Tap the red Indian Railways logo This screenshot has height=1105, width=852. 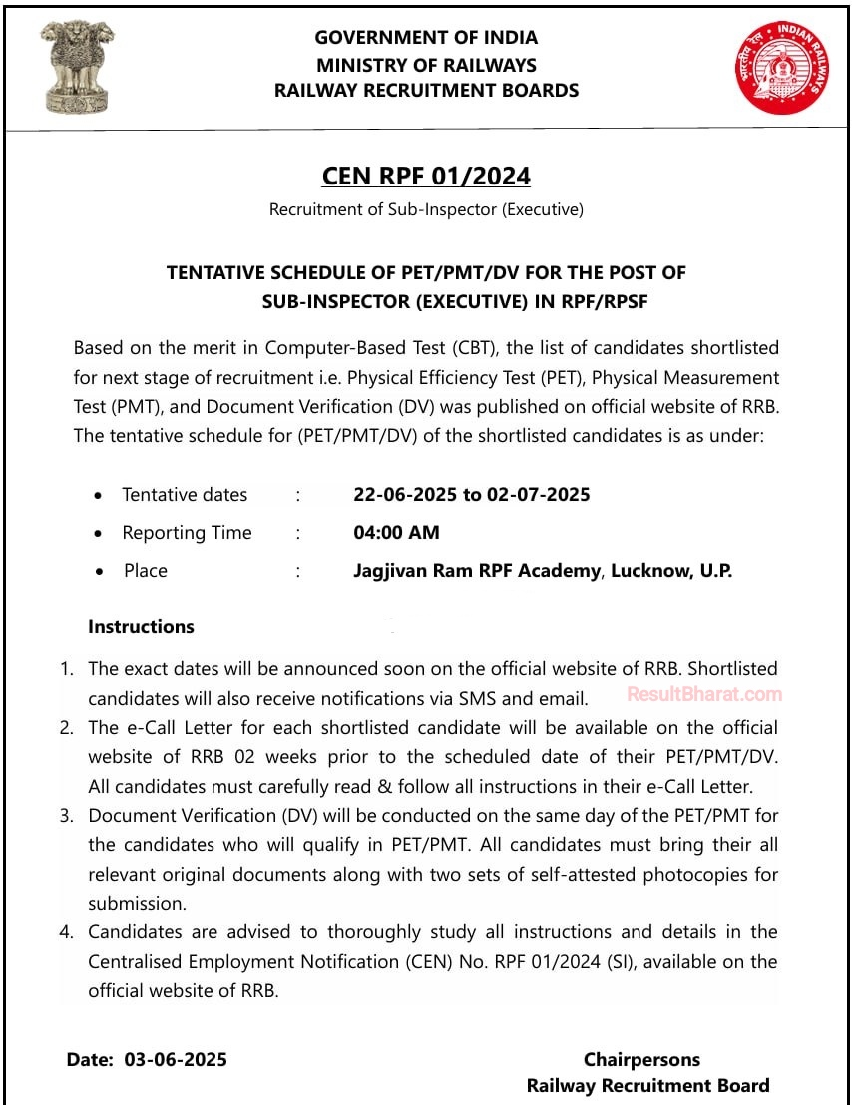tap(783, 67)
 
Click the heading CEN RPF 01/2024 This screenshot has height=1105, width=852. tap(426, 177)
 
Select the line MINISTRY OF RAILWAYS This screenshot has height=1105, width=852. tap(426, 65)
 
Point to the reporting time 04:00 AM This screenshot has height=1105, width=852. tap(396, 533)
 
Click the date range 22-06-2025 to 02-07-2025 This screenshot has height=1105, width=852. tap(472, 495)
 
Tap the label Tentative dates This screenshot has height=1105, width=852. tap(185, 495)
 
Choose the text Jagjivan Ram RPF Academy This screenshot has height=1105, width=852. tap(477, 571)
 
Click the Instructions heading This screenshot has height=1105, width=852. tap(141, 627)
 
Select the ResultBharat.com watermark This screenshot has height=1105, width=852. tap(704, 694)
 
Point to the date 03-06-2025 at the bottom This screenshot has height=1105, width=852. tap(176, 1059)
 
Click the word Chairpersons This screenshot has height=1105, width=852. tap(641, 1059)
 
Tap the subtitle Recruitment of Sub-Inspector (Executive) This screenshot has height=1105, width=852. tap(426, 210)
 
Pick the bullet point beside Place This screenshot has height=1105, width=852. tap(98, 572)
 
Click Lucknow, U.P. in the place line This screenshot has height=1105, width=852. tap(671, 571)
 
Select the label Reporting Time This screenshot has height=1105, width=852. tap(187, 533)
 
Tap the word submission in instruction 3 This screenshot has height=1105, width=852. tap(137, 904)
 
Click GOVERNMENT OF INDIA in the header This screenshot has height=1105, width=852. tap(426, 38)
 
